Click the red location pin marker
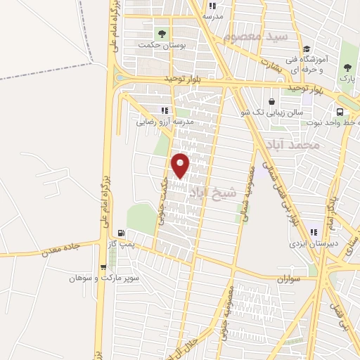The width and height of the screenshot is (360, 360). tap(181, 165)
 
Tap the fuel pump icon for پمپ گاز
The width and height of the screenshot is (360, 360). tap(122, 233)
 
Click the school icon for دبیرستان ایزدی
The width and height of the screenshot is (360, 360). tap(314, 232)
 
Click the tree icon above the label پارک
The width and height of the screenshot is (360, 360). tap(346, 67)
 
